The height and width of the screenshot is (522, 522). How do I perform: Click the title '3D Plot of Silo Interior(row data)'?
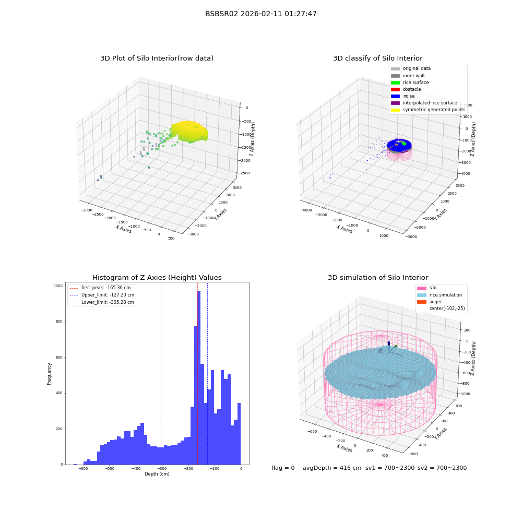click(157, 58)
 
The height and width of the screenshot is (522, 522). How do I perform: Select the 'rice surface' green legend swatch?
click(395, 82)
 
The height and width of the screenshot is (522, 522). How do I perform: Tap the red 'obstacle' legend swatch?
click(395, 89)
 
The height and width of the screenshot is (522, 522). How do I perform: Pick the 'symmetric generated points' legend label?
click(434, 110)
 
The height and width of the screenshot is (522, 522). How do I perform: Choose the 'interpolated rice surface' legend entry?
click(424, 103)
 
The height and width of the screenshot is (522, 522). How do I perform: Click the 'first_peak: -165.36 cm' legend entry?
click(100, 288)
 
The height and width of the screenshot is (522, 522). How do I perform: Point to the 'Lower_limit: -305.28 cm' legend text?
click(108, 302)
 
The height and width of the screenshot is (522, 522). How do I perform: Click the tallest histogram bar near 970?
click(199, 377)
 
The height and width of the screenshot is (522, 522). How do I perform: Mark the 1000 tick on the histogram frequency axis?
click(58, 286)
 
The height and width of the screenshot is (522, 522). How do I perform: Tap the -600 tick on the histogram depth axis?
click(83, 468)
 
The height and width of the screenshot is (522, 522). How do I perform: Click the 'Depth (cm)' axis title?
click(157, 474)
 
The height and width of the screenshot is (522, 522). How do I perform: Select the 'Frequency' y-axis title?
click(49, 374)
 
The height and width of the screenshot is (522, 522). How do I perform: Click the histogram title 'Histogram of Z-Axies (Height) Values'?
click(157, 278)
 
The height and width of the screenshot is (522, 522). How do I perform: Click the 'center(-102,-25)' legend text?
click(447, 309)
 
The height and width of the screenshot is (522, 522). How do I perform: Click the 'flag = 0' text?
click(283, 468)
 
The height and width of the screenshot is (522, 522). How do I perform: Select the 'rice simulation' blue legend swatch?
click(422, 295)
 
